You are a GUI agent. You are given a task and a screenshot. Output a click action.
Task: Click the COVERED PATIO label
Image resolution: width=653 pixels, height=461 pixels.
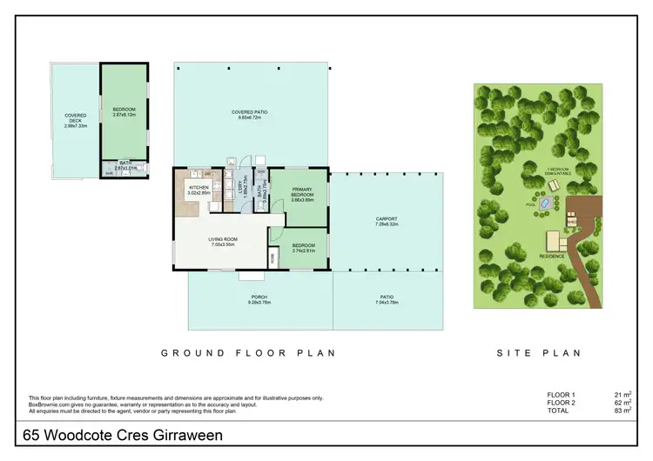249,112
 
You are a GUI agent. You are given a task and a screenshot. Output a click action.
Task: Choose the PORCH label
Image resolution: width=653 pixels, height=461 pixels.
259,297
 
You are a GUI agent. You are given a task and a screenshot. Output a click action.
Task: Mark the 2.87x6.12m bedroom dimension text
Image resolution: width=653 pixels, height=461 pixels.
125,114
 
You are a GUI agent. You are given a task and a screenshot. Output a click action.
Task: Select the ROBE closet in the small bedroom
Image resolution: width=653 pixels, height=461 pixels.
272,257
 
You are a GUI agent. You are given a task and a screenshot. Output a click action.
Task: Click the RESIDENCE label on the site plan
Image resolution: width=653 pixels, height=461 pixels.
551,256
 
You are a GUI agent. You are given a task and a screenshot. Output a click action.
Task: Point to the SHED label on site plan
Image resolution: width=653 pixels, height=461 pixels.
572,221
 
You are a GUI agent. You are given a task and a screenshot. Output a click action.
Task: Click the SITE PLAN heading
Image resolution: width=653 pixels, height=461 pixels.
537,353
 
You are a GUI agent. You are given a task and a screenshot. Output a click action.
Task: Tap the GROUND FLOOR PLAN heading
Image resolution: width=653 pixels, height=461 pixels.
249,353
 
